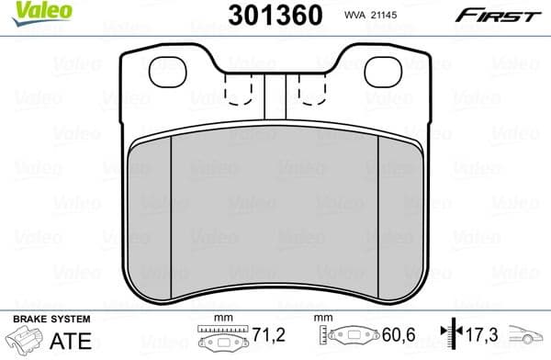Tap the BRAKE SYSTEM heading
tap(51, 320)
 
